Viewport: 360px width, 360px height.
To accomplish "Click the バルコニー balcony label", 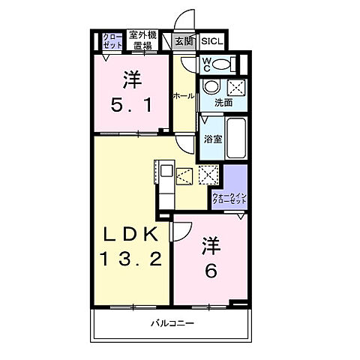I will click(172, 324).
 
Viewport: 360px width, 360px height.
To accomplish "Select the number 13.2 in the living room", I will click(131, 259).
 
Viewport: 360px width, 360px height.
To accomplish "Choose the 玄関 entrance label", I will click(184, 42).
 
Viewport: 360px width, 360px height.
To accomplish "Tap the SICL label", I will click(210, 42).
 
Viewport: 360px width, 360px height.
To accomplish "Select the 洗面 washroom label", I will click(223, 103).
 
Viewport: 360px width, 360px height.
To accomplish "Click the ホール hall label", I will click(184, 95).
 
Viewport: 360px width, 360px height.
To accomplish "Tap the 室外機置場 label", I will click(141, 40).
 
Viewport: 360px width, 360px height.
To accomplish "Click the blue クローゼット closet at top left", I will click(111, 40).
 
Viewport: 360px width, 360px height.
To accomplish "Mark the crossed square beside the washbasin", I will click(234, 85).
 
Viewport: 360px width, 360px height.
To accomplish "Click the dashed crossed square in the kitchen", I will click(207, 175).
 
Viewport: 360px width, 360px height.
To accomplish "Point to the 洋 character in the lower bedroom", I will click(211, 245).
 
